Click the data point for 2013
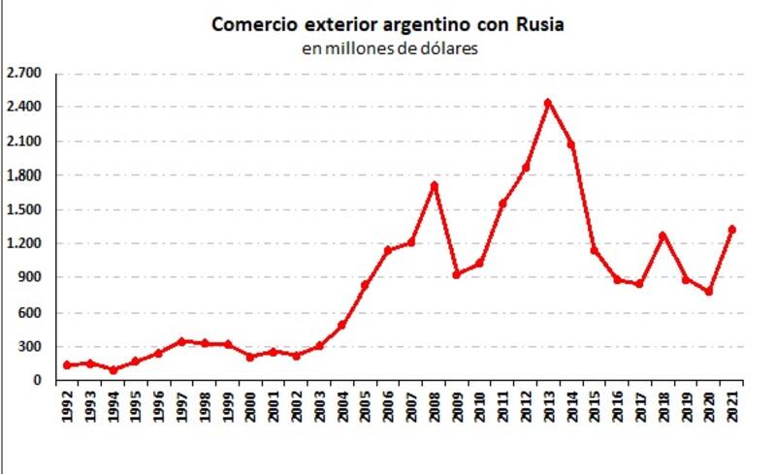pyautogui.click(x=548, y=103)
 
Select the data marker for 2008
pyautogui.click(x=435, y=185)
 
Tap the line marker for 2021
pyautogui.click(x=732, y=230)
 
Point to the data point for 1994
pyautogui.click(x=113, y=369)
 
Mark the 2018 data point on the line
pyautogui.click(x=663, y=236)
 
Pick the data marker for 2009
pyautogui.click(x=457, y=274)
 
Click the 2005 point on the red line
pyautogui.click(x=365, y=285)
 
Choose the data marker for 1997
pyautogui.click(x=181, y=341)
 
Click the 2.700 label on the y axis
pyautogui.click(x=25, y=73)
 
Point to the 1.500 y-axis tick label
pyautogui.click(x=25, y=209)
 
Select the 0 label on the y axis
pyautogui.click(x=39, y=381)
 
